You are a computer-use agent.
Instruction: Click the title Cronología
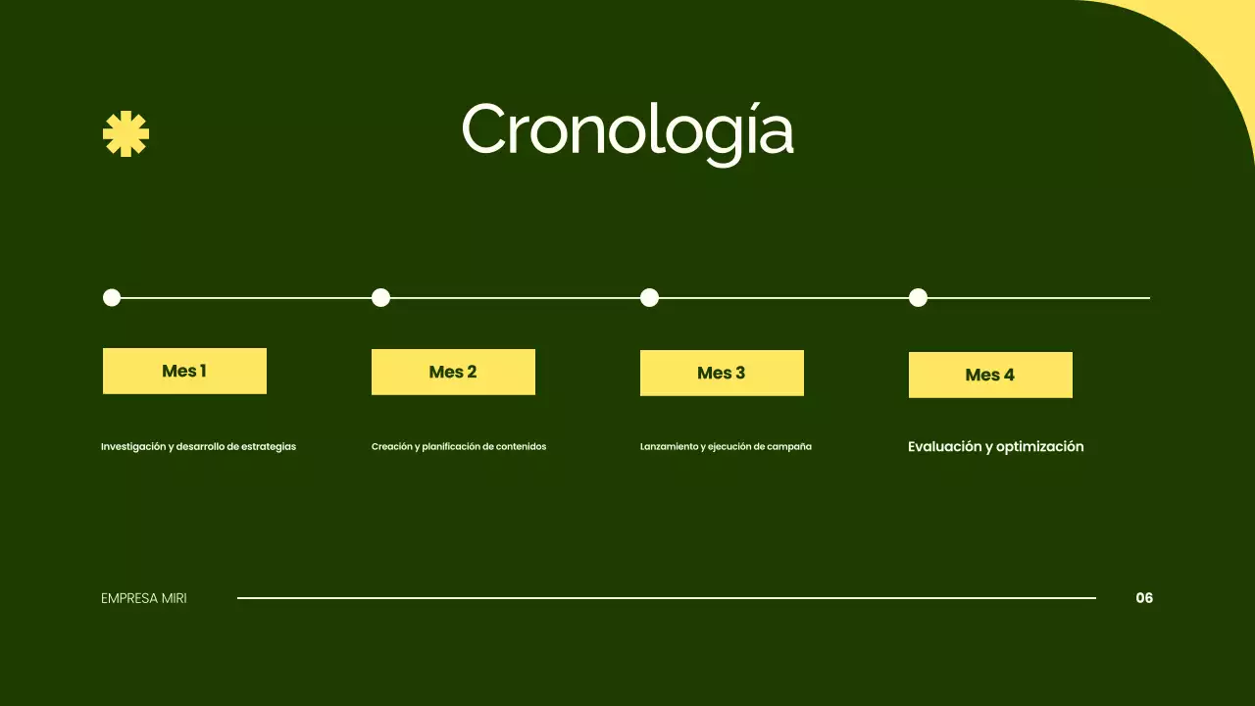[627, 130]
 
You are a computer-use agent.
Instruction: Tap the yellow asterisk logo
[125, 134]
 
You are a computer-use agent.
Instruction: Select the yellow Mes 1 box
[184, 371]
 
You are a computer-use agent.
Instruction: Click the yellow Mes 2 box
[453, 372]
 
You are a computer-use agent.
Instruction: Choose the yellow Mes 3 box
[722, 373]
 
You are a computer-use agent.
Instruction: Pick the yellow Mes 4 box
[990, 375]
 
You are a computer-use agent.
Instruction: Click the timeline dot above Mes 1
[112, 297]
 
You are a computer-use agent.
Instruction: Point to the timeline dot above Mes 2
[381, 297]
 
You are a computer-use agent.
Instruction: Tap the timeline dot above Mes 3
[649, 297]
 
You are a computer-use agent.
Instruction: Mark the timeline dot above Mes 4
[918, 297]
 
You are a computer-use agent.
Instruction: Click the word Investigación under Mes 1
[133, 447]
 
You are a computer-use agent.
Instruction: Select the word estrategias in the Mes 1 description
[269, 447]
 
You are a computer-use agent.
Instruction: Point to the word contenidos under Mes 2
[521, 447]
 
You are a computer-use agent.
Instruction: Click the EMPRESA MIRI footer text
[144, 598]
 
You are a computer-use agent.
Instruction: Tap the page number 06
[1144, 598]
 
